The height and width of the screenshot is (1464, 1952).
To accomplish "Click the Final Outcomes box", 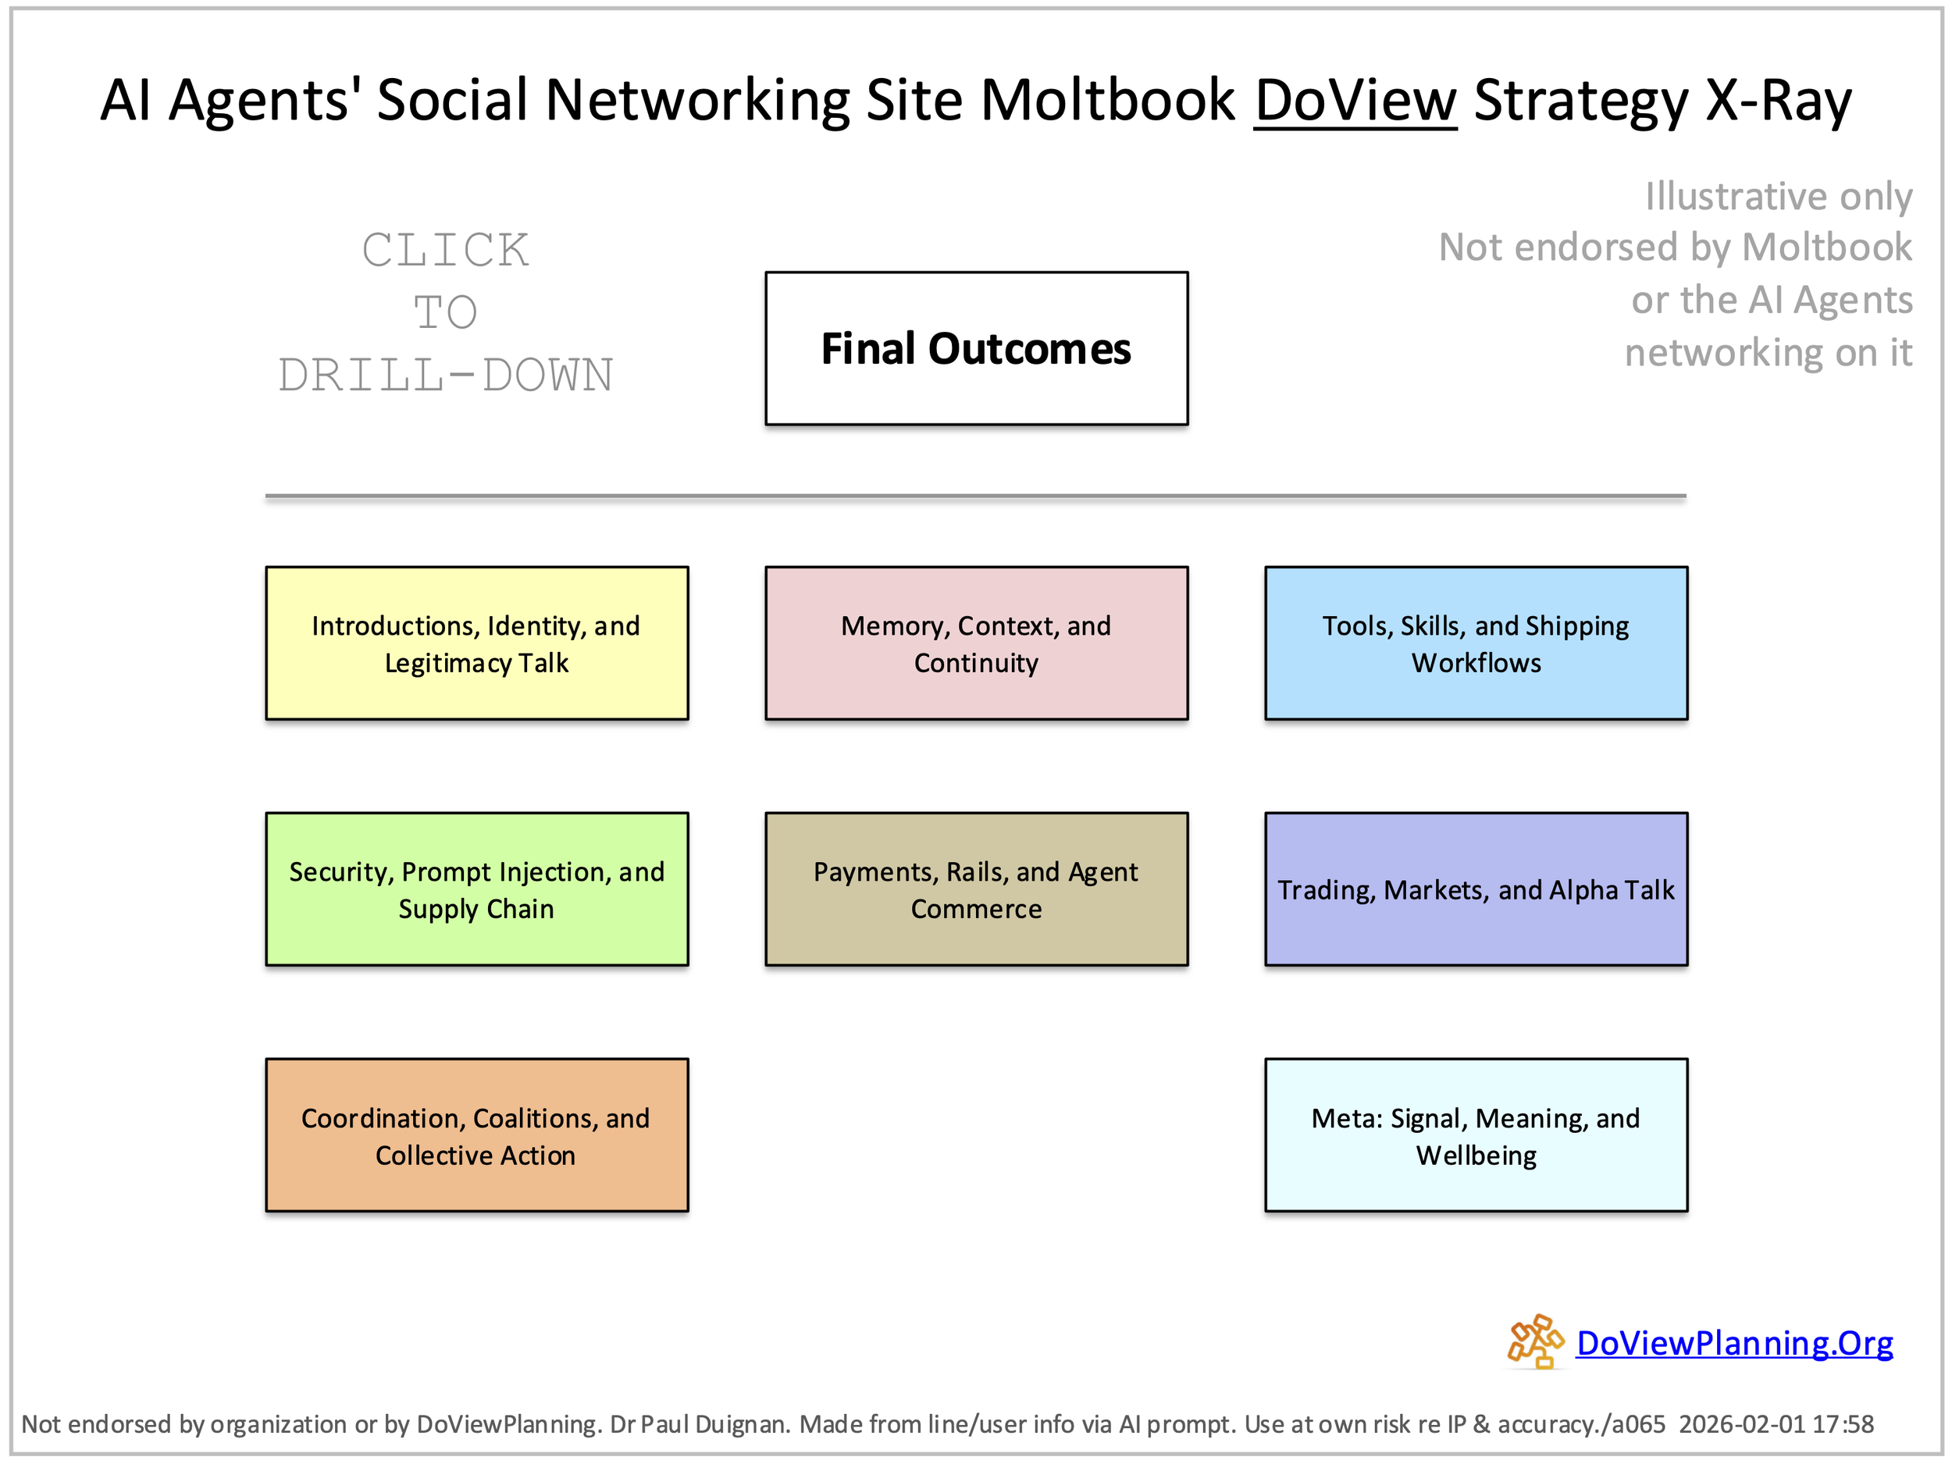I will [x=976, y=348].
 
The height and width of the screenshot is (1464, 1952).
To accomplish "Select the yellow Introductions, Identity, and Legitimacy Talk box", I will [x=476, y=643].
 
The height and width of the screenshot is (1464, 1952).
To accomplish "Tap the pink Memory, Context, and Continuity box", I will [x=976, y=643].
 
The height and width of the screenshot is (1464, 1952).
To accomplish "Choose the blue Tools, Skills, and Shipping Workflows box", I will [x=1476, y=643].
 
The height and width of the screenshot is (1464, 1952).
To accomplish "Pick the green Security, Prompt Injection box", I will [x=476, y=889].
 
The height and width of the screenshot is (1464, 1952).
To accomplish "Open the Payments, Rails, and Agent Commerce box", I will [x=976, y=889].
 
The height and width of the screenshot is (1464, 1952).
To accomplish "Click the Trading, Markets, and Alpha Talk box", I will [x=1476, y=889].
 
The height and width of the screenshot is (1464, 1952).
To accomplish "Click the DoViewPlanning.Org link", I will [x=1734, y=1343].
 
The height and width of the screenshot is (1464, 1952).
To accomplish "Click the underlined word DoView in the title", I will [x=1355, y=100].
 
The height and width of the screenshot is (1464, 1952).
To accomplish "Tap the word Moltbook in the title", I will [x=1107, y=100].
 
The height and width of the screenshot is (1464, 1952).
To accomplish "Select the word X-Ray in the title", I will [x=1777, y=100].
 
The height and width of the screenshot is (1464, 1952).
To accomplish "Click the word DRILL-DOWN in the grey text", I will [x=446, y=375].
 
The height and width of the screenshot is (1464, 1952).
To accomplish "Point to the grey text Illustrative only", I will [x=1778, y=196].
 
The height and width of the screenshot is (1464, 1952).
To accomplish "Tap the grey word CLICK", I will [x=446, y=250].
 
